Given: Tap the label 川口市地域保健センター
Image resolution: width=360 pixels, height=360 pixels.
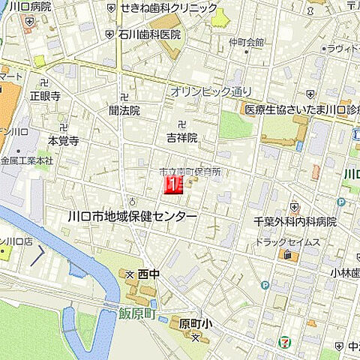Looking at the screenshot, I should [132, 216].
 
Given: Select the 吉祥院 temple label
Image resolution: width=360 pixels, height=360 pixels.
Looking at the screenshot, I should [182, 137].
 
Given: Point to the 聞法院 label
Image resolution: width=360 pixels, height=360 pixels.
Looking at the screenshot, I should [124, 110].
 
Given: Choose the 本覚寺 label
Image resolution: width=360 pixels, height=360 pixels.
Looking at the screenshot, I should [63, 140].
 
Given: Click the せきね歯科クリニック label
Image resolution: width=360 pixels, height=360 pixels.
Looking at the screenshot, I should [169, 7].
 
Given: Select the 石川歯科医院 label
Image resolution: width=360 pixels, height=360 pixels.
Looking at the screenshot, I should [149, 34].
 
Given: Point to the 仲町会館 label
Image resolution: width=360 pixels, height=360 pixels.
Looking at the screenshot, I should [248, 42].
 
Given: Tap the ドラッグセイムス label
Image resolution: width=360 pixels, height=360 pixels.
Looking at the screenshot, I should [288, 241].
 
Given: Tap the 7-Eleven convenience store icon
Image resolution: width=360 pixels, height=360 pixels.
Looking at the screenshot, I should [284, 341].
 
